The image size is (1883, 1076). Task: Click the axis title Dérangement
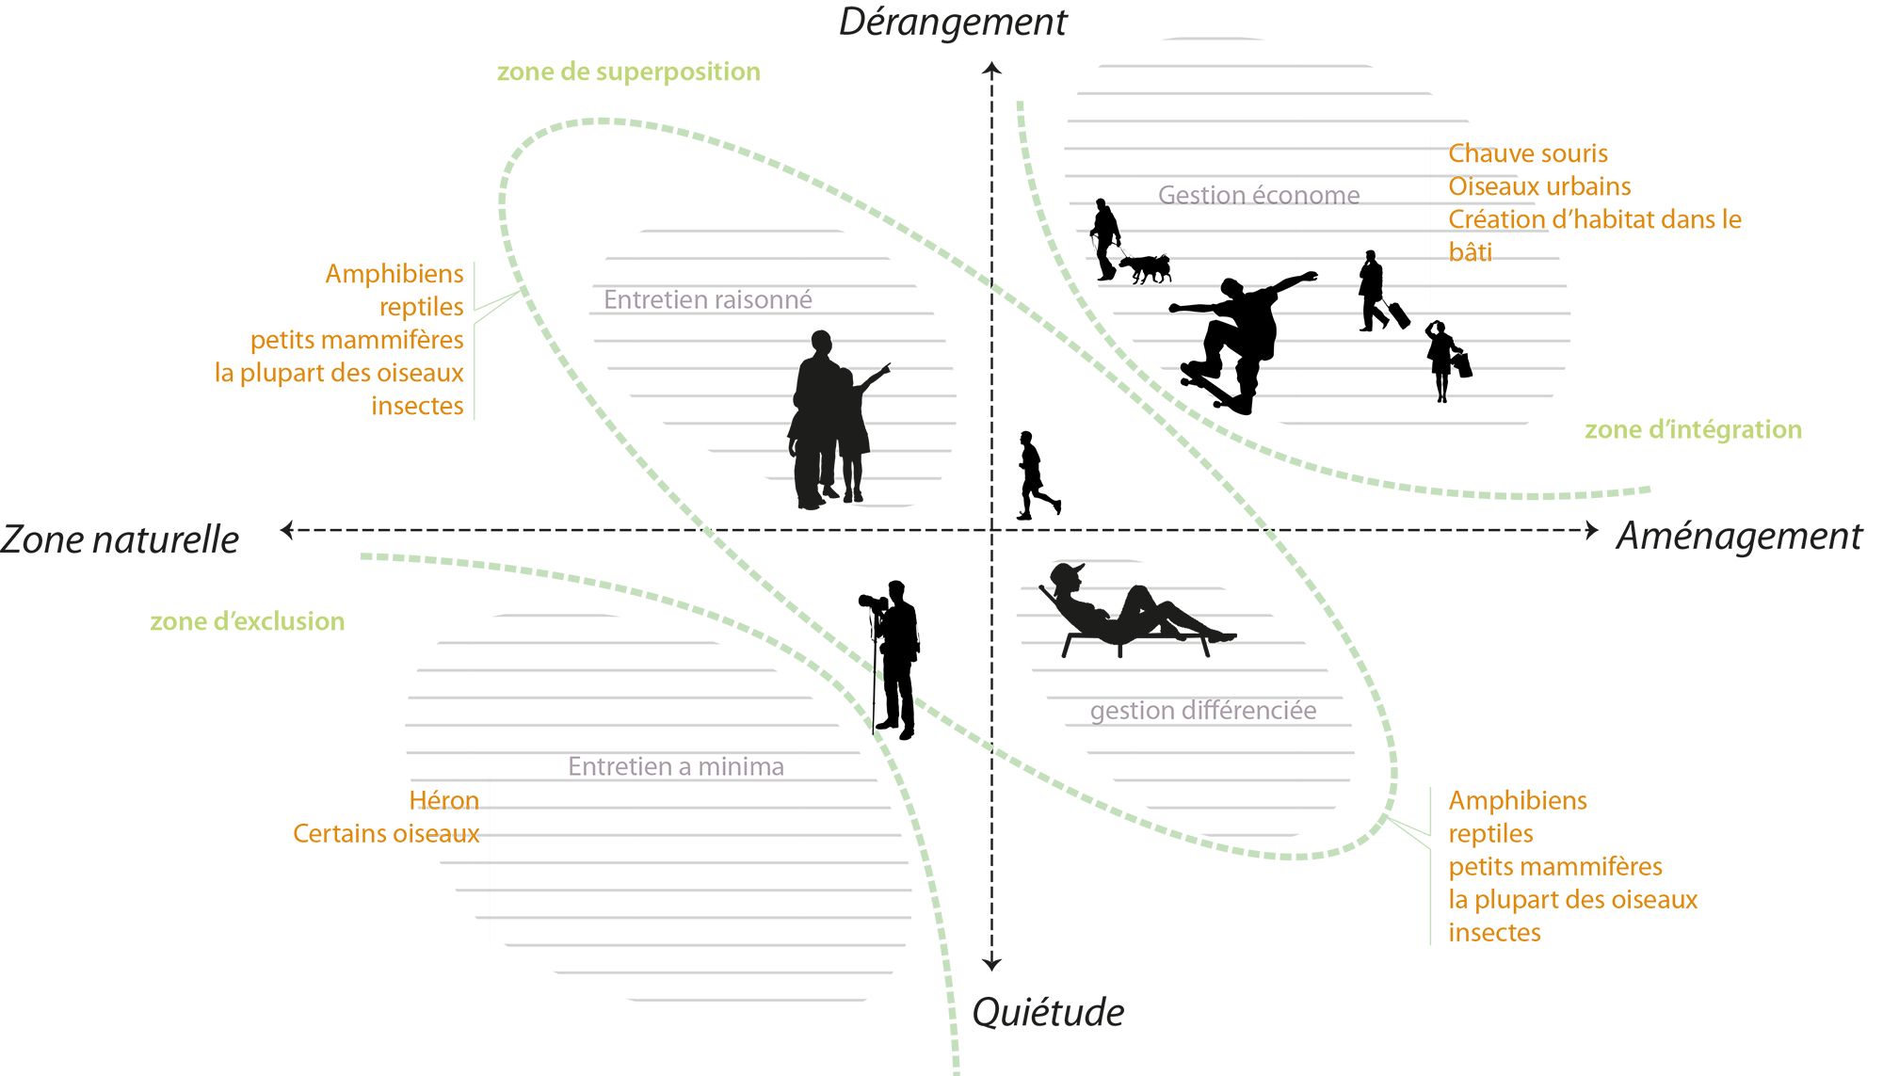click(953, 22)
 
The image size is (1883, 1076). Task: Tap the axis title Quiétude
click(1048, 1013)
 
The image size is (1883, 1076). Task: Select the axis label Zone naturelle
click(120, 539)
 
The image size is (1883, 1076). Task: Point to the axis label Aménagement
click(1739, 536)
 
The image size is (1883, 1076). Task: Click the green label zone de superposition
click(628, 72)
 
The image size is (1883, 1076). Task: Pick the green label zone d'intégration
click(1693, 429)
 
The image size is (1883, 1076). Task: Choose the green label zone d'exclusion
click(247, 621)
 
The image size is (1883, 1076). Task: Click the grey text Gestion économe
click(1259, 195)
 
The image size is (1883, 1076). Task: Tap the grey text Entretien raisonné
click(707, 299)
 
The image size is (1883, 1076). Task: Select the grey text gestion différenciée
click(1202, 710)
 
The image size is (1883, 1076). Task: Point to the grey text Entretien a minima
click(675, 766)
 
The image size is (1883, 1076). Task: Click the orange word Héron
click(443, 800)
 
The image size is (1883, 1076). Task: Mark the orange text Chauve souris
click(1527, 153)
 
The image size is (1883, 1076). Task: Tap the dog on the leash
click(1147, 267)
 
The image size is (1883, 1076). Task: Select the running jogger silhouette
click(1035, 476)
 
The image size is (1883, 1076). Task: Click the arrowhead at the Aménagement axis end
click(1591, 530)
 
